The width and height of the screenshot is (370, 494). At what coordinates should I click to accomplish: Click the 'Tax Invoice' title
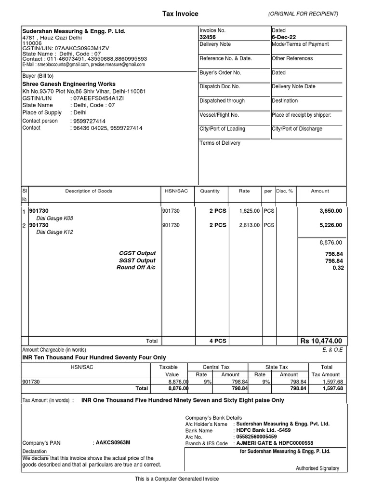tap(180, 14)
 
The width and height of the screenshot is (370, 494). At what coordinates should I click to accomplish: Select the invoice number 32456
tap(208, 37)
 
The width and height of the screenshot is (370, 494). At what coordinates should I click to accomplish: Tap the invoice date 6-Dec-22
tap(282, 37)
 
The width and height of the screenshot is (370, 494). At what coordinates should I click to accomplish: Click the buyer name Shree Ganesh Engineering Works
tap(69, 84)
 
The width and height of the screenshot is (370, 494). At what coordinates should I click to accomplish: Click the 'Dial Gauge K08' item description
tap(56, 218)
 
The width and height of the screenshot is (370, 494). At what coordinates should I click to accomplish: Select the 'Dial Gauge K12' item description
tap(56, 232)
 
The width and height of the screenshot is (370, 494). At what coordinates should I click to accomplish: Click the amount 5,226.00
tap(330, 225)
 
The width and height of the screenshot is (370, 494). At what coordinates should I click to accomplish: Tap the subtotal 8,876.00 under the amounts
tap(330, 243)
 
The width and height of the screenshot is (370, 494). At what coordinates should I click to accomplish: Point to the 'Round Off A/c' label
tap(136, 268)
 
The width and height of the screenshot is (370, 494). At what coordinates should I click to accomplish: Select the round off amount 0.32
tap(338, 268)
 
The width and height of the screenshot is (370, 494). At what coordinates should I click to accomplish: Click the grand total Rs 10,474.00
tap(321, 341)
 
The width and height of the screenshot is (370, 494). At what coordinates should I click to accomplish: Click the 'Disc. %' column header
tap(284, 191)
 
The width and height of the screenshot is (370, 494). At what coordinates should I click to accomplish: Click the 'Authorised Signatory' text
tap(317, 468)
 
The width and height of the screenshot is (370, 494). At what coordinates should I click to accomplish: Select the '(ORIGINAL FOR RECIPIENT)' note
tap(303, 14)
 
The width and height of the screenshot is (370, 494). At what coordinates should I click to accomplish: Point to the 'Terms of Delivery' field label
tap(220, 143)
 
